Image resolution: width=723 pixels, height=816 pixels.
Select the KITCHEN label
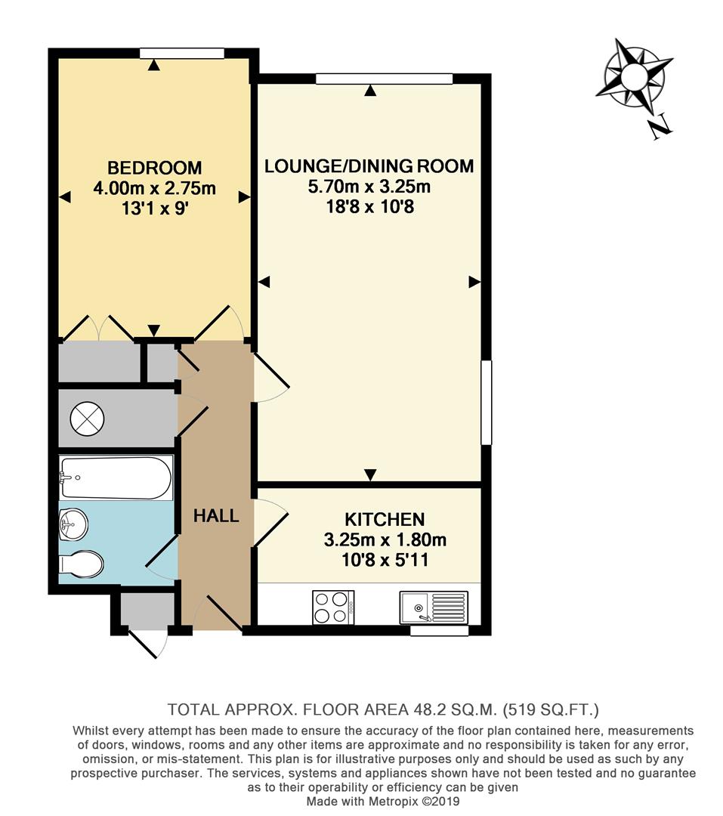(385, 520)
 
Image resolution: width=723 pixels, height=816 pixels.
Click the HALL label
(216, 516)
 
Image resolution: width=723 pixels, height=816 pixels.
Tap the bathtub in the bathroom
(116, 478)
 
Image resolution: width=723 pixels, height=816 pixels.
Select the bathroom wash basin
(73, 524)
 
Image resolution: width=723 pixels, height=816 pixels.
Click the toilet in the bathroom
(81, 564)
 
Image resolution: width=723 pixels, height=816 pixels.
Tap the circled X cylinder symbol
(85, 418)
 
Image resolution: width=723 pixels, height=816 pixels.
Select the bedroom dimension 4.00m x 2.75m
(154, 188)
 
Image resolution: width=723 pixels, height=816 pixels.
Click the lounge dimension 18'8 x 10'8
(369, 206)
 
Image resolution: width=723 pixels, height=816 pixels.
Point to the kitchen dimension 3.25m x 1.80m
(385, 540)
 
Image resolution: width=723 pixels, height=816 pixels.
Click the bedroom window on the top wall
(182, 53)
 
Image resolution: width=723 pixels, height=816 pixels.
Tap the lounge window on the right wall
(487, 403)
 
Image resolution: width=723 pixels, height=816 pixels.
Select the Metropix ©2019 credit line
(382, 802)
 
